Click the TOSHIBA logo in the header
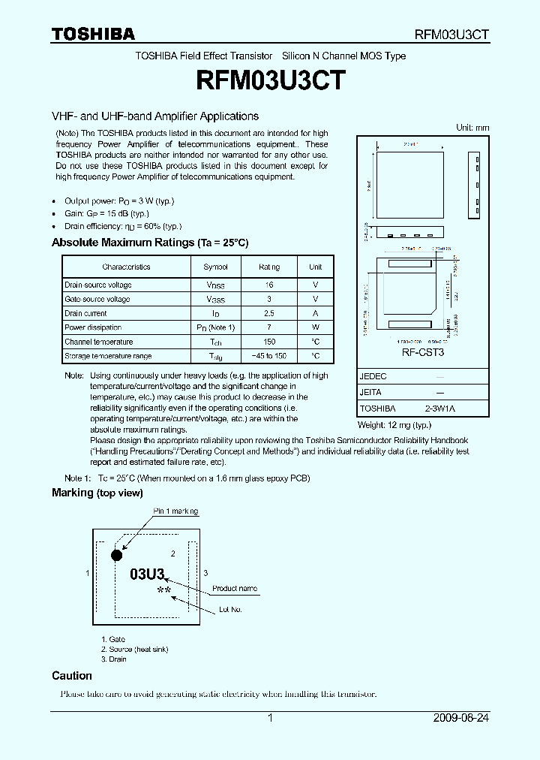click(x=93, y=34)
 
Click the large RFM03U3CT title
click(x=270, y=80)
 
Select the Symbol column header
click(x=215, y=267)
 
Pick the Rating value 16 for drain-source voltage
click(x=269, y=285)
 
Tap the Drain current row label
click(x=85, y=313)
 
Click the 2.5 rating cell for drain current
click(x=269, y=313)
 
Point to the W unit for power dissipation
click(x=316, y=327)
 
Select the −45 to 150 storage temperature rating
click(x=269, y=356)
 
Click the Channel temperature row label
click(x=98, y=342)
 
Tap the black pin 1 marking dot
click(x=116, y=556)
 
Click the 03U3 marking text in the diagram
click(x=147, y=575)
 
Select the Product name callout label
click(x=234, y=589)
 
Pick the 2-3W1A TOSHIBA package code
click(x=439, y=409)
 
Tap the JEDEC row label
click(x=373, y=376)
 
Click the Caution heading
click(x=72, y=676)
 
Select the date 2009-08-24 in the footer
click(x=460, y=718)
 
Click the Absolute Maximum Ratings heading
click(x=149, y=243)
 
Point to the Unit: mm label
click(x=472, y=128)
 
